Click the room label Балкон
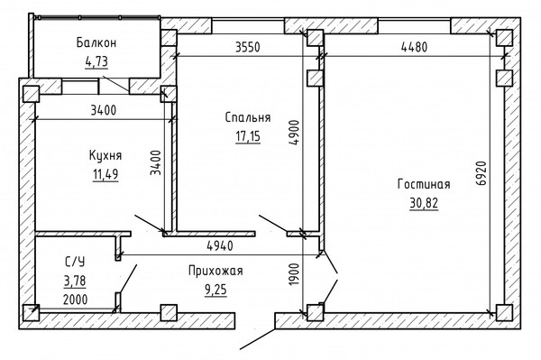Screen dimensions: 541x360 [x=96, y=42]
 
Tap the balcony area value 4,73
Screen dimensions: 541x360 [x=96, y=61]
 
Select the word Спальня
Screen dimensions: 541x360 [x=248, y=117]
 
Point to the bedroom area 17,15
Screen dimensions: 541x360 [x=248, y=136]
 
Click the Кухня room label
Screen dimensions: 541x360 [x=105, y=155]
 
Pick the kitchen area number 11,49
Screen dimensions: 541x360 [x=105, y=174]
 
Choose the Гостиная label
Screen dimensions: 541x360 [x=424, y=184]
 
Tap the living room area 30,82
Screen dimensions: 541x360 [x=424, y=203]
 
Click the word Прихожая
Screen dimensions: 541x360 [x=215, y=271]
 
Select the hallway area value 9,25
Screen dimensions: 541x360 [x=216, y=290]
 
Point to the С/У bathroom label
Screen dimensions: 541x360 [x=75, y=262]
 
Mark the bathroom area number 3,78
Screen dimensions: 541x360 [x=75, y=281]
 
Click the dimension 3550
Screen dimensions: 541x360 [x=247, y=47]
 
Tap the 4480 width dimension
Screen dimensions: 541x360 [x=414, y=47]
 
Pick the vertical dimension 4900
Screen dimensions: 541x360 [x=294, y=133]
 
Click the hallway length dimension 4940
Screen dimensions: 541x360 [x=220, y=245]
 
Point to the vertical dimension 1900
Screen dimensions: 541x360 [x=294, y=274]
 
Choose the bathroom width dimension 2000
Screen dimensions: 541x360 [x=75, y=300]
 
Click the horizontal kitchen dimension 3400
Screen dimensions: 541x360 [x=104, y=110]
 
